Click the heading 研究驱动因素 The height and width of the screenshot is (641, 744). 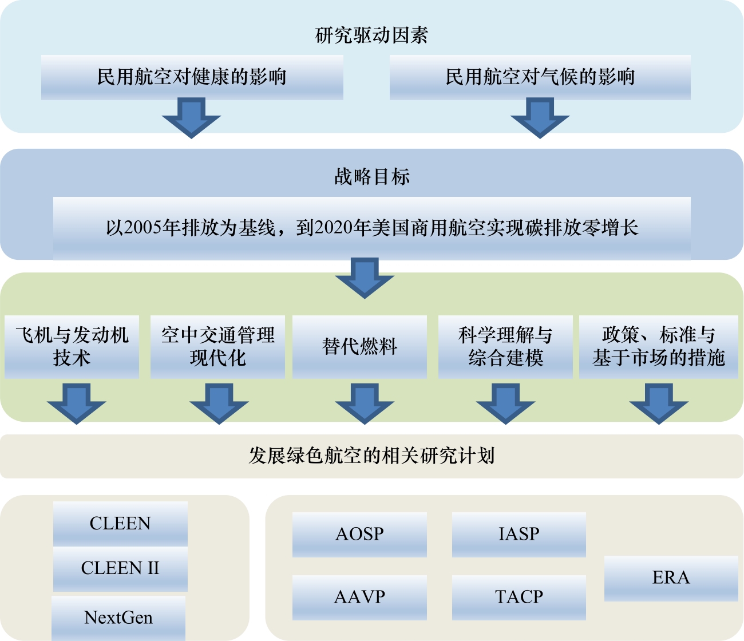[371, 35]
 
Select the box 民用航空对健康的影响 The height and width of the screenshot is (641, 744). [192, 77]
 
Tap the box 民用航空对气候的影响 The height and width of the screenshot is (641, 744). [540, 77]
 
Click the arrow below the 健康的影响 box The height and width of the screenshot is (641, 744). [191, 117]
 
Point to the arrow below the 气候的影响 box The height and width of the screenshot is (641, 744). [540, 117]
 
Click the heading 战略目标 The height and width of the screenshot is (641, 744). [372, 176]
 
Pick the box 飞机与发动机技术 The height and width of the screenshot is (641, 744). [72, 347]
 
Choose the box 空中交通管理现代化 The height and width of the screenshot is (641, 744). [217, 347]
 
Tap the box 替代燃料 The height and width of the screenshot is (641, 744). [359, 347]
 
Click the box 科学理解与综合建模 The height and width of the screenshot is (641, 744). [505, 347]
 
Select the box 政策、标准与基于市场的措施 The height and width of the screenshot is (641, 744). [658, 347]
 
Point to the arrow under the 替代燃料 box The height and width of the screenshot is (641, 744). [365, 403]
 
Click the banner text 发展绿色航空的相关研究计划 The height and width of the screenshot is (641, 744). [371, 456]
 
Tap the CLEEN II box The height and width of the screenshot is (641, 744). [120, 568]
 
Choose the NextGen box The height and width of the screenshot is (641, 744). [118, 618]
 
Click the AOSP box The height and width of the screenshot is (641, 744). [359, 534]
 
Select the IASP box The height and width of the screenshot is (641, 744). [519, 534]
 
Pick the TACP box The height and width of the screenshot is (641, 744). [519, 597]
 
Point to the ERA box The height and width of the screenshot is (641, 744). [671, 578]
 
